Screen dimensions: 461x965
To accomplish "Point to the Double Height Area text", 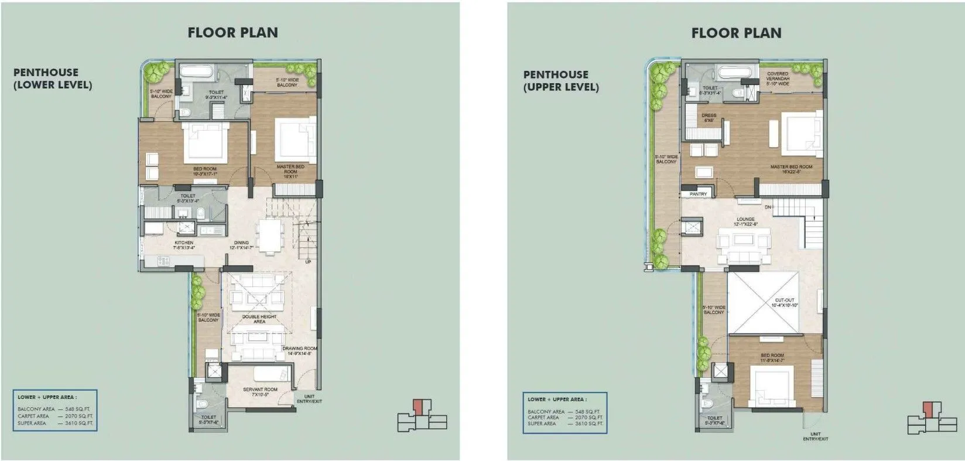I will click(259, 319).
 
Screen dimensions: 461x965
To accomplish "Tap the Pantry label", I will click(698, 194).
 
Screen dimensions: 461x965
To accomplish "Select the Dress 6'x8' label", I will click(709, 118).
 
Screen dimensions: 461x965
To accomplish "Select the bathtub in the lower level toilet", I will click(197, 73).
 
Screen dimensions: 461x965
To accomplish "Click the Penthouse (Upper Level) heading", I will click(560, 81).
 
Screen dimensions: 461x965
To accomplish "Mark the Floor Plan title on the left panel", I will click(232, 33).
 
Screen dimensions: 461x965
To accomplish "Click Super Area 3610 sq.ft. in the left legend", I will click(55, 423).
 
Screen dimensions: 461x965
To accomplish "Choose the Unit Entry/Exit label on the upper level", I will click(815, 436).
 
